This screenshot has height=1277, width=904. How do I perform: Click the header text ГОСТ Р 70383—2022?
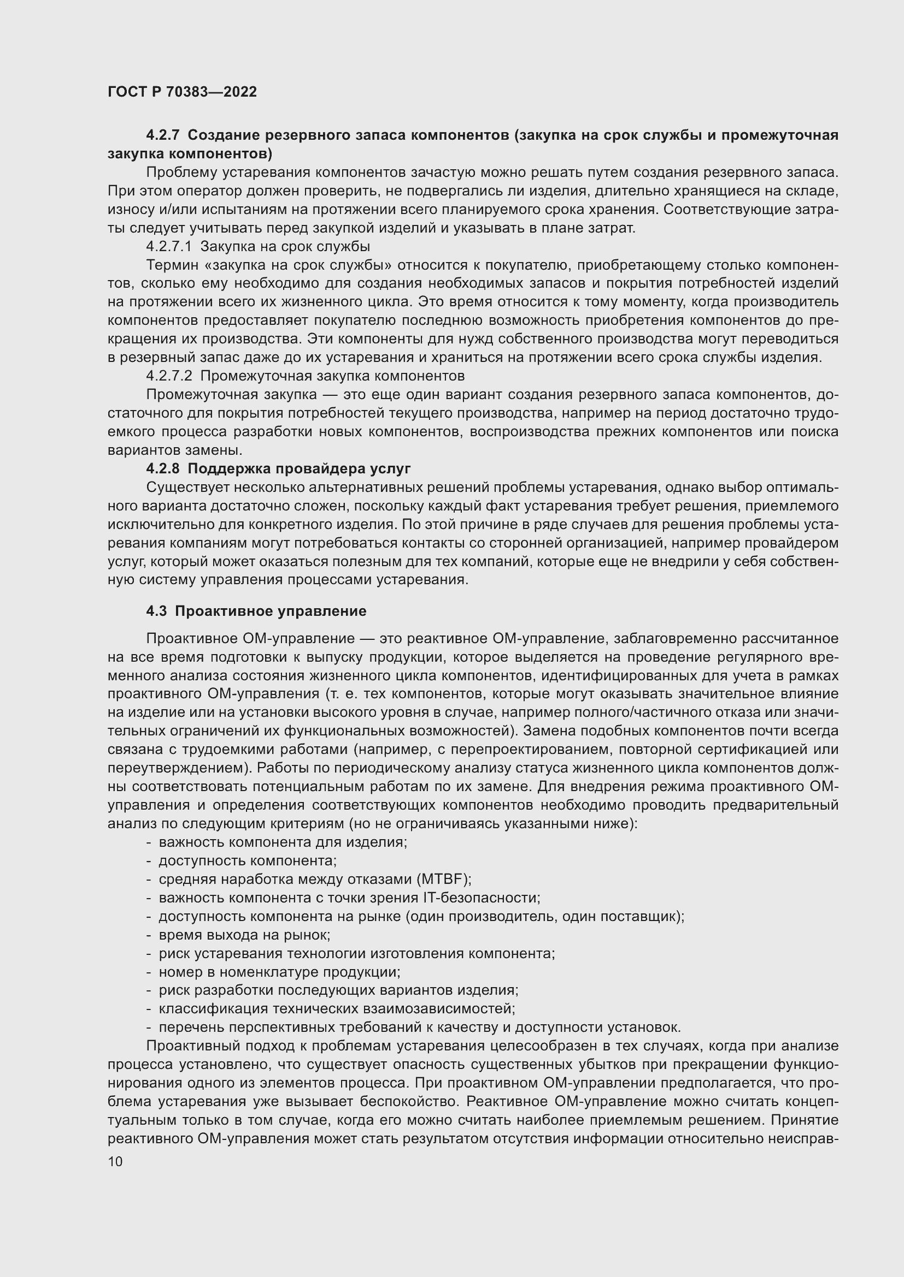(x=182, y=92)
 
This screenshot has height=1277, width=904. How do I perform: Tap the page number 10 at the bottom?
(x=115, y=1161)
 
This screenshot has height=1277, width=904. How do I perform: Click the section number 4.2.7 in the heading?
(x=162, y=135)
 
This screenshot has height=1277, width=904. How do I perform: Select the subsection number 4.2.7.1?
(x=169, y=246)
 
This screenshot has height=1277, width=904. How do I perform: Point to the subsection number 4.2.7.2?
(x=169, y=376)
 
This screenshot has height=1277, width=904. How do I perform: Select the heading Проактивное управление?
(x=271, y=611)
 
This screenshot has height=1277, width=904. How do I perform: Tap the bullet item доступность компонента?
(x=247, y=861)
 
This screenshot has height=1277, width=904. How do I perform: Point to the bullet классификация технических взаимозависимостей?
(x=337, y=1009)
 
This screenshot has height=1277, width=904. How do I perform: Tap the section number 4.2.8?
(x=162, y=468)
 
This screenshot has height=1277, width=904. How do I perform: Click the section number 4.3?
(x=156, y=611)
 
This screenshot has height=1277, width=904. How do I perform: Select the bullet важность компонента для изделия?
(x=283, y=842)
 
